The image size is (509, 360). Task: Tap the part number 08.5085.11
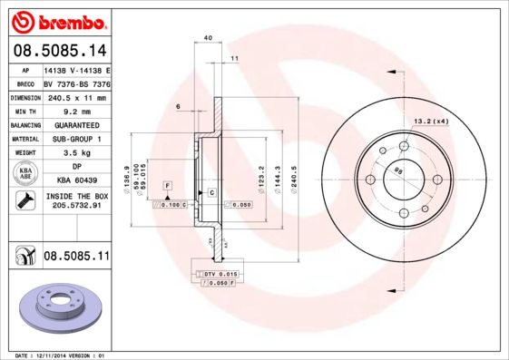pos(76,258)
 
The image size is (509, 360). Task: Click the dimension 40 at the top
pos(208,37)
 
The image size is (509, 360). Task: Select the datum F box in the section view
pos(167,185)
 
